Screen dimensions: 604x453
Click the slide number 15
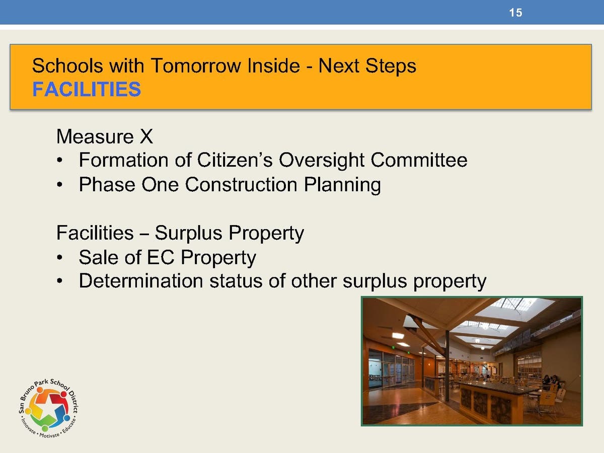click(515, 13)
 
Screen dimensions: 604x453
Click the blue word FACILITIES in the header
click(87, 89)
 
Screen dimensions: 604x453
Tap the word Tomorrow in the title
click(196, 66)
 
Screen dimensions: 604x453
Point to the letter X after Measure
click(146, 136)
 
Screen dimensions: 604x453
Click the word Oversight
click(322, 161)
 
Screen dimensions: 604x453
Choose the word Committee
click(419, 160)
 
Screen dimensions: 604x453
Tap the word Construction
click(241, 184)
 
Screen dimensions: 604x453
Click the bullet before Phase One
click(60, 185)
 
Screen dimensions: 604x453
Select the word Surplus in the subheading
click(188, 233)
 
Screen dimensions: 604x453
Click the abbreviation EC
click(161, 257)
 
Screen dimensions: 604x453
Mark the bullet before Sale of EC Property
click(60, 258)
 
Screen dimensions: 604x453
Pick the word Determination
click(141, 281)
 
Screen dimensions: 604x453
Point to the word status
click(236, 281)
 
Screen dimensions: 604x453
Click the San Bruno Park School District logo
click(48, 408)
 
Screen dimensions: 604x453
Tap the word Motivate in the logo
click(49, 435)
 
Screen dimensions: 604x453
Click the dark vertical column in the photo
click(447, 365)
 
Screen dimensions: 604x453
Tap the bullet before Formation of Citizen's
click(60, 161)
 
